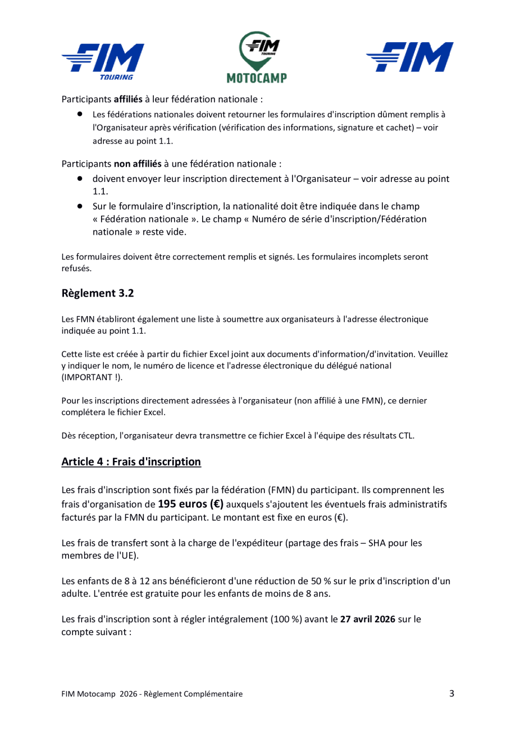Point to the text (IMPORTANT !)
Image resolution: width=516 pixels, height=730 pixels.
[90, 378]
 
